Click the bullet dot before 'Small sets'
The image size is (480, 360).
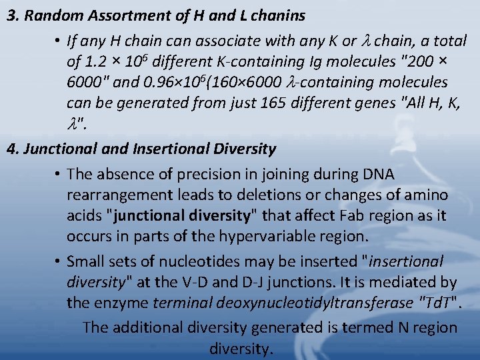click(59, 261)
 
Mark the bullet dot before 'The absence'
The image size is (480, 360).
click(59, 175)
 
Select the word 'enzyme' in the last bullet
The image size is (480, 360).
click(121, 303)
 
